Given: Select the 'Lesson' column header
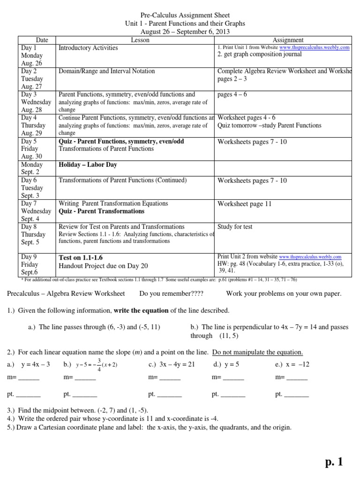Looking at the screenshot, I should tap(140, 40).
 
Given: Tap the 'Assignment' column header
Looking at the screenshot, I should tap(288, 40).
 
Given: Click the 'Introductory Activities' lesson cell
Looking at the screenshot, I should tap(88, 48).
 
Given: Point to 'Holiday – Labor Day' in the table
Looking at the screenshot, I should tap(88, 165).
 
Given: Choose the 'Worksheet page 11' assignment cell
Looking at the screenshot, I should tap(244, 204).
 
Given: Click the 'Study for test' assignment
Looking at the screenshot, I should tap(235, 227).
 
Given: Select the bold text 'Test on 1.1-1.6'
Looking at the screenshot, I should tap(81, 257).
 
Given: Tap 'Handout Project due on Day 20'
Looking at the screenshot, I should tap(103, 266).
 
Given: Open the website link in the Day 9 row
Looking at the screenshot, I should tap(310, 257).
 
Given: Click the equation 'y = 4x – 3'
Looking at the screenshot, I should tap(35, 364).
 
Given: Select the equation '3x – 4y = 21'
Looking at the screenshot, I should tap(171, 364).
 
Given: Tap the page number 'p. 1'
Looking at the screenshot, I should tap(334, 462).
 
